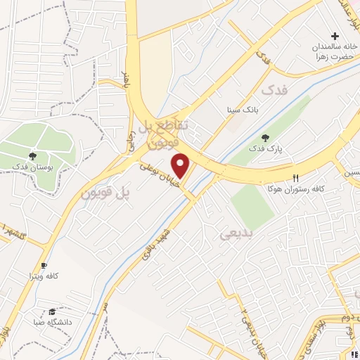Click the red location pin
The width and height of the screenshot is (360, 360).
[181, 166]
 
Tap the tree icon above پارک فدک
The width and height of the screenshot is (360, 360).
[265, 138]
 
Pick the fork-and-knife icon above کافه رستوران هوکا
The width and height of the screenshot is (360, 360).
[295, 178]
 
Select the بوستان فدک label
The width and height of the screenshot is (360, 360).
[32, 166]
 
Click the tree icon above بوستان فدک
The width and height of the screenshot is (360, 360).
[32, 155]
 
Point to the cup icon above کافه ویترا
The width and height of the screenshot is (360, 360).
[44, 265]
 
